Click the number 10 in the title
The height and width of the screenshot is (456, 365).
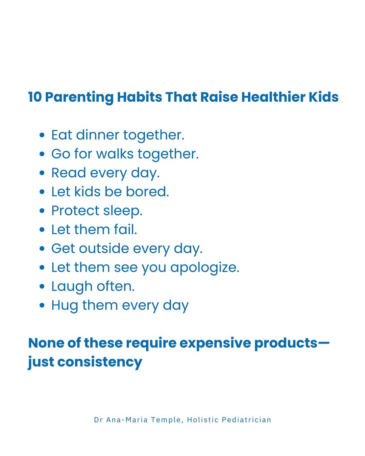(35, 97)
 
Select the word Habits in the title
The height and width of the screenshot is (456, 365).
(140, 97)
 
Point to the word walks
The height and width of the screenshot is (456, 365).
(115, 154)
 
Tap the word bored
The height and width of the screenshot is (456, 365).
(147, 192)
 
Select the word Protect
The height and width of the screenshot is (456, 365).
(75, 211)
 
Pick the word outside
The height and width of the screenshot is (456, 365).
(104, 248)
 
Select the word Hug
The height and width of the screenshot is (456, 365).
(65, 306)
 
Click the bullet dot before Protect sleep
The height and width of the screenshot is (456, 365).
(42, 211)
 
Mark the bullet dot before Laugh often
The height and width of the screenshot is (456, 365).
(42, 286)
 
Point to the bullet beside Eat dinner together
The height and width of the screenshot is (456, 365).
(42, 135)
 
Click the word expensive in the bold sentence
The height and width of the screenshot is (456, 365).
(215, 343)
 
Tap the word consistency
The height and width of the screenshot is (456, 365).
(99, 362)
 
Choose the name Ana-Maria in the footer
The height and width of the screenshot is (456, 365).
(127, 420)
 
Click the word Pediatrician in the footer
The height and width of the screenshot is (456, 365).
(246, 420)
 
